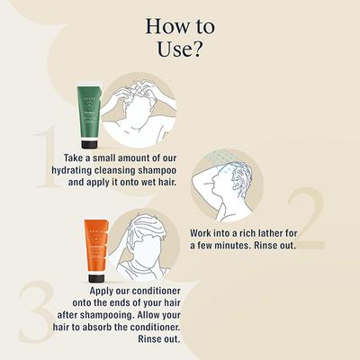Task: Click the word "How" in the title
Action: click(165, 23)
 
